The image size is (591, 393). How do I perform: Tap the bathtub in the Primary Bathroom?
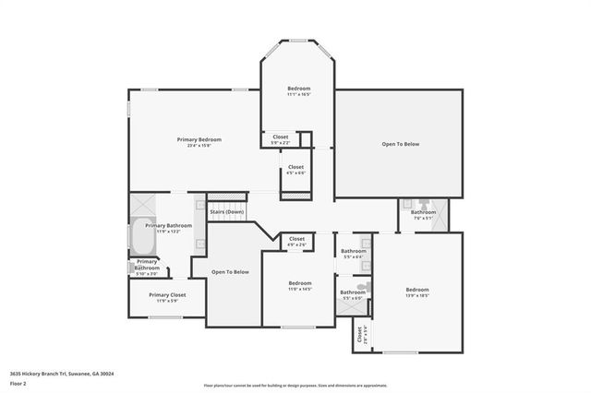tap(142, 238)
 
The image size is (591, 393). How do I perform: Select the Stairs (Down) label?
tap(226, 212)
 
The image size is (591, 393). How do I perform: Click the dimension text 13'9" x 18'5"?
tap(418, 296)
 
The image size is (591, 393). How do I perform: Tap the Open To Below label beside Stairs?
tap(230, 272)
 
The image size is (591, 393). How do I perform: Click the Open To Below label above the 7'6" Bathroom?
tap(401, 144)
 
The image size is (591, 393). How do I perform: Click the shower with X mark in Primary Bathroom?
tap(143, 205)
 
